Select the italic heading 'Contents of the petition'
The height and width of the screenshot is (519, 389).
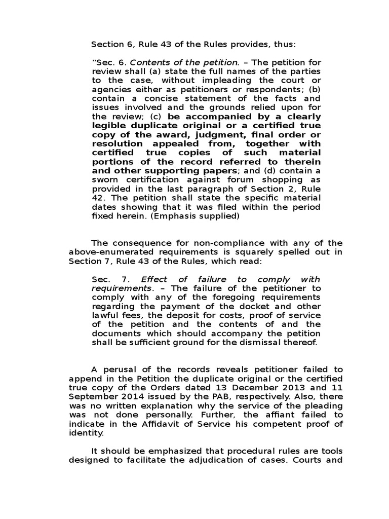185,62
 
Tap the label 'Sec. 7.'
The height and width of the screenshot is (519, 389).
111,279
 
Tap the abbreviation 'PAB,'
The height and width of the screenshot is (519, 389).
206,397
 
